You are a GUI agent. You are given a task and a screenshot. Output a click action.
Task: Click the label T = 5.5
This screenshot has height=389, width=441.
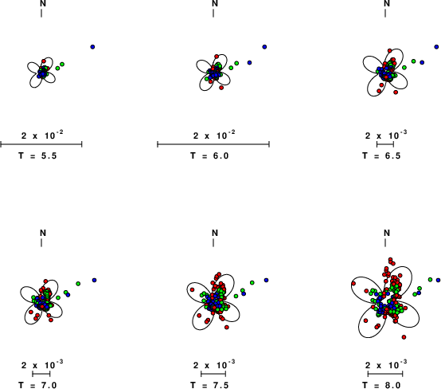point(37,155)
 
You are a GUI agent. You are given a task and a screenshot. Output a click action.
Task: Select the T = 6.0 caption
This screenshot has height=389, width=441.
point(209,155)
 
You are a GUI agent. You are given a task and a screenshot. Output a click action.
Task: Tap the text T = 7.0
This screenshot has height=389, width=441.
point(37,385)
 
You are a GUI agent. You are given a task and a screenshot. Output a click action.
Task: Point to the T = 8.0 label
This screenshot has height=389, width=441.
point(381,385)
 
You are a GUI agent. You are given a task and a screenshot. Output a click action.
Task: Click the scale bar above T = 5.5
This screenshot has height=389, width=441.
point(41,144)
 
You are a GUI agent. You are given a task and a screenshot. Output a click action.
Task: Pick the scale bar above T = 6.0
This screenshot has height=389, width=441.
point(213,144)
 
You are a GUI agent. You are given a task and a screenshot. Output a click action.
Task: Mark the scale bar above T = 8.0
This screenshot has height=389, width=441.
point(385,374)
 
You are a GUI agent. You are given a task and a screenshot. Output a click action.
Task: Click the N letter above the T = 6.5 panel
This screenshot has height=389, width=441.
point(387,3)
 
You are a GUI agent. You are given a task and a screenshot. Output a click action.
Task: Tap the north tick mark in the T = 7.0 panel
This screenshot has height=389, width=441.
point(41,242)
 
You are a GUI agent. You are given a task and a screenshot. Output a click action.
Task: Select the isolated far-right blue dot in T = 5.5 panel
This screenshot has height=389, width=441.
point(92,47)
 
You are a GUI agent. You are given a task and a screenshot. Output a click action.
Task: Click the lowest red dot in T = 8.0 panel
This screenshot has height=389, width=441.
point(404,337)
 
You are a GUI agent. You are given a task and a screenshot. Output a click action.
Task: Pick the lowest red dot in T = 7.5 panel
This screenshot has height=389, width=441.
point(227,328)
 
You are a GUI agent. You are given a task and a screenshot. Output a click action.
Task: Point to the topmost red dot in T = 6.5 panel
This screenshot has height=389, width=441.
point(389,51)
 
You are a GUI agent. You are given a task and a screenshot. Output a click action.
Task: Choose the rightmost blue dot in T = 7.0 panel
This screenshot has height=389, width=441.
point(94,280)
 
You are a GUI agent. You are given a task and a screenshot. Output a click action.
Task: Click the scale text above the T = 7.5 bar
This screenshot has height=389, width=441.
point(214,365)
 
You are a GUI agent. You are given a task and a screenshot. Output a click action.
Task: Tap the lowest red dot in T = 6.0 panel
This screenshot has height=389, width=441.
point(221,88)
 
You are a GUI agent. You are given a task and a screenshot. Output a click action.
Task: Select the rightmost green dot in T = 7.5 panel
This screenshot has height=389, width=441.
point(252,282)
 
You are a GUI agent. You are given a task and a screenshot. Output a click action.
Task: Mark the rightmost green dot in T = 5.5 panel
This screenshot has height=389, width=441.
point(62,65)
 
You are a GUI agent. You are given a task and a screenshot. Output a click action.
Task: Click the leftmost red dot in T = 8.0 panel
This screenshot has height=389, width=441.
point(353,283)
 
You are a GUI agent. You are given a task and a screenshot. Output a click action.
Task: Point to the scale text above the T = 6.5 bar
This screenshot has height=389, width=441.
point(386,136)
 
